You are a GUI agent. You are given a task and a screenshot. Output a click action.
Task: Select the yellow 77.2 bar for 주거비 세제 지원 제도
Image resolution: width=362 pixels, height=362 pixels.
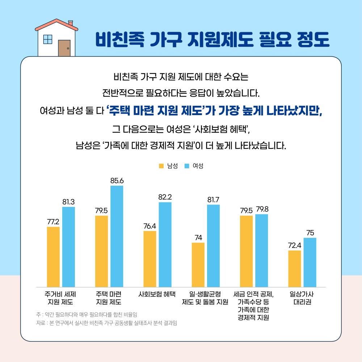(x=53, y=257)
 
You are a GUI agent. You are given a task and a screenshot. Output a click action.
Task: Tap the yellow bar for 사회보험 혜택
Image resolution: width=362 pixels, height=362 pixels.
(x=150, y=259)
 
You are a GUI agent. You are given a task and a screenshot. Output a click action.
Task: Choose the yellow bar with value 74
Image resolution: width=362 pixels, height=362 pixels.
(x=198, y=265)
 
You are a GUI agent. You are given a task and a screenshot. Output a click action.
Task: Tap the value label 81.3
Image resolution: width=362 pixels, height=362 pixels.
(x=68, y=202)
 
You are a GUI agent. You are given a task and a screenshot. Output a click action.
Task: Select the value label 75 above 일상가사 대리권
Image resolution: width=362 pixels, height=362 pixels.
(x=310, y=233)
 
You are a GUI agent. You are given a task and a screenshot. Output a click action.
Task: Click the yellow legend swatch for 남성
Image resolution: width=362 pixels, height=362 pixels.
(x=161, y=166)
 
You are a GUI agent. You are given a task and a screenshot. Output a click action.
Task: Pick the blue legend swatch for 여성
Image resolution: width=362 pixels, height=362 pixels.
(x=187, y=166)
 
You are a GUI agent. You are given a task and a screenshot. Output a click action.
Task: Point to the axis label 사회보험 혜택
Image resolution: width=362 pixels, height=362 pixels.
(x=157, y=294)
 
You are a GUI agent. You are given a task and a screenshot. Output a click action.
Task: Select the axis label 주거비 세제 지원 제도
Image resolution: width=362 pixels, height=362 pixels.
(x=60, y=298)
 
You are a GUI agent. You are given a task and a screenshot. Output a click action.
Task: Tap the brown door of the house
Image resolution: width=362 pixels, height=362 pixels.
(x=64, y=48)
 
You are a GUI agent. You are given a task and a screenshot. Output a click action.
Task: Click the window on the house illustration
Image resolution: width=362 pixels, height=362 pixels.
(x=47, y=39)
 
